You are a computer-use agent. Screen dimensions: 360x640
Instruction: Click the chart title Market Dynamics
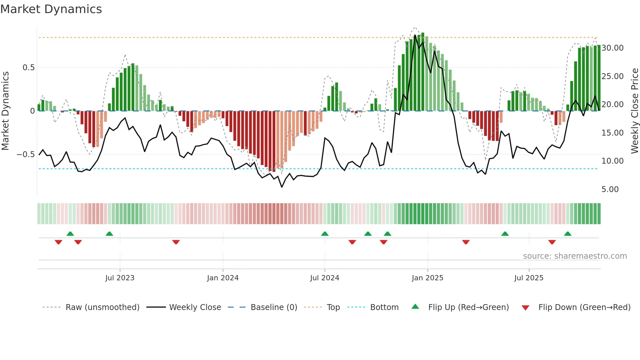click(x=51, y=9)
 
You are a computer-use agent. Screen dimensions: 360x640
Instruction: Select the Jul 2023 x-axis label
click(x=120, y=278)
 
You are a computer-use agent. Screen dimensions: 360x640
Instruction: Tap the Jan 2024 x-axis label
click(x=223, y=278)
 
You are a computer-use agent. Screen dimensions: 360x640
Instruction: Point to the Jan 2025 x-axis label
click(x=427, y=278)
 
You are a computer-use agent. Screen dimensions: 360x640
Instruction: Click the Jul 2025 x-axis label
click(x=529, y=278)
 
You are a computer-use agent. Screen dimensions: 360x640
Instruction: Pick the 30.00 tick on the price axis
click(x=612, y=48)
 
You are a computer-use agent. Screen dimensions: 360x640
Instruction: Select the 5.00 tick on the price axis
click(x=610, y=189)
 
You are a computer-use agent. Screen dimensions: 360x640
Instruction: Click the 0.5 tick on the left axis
click(x=28, y=68)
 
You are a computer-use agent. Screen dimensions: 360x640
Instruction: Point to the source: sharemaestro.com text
click(x=575, y=256)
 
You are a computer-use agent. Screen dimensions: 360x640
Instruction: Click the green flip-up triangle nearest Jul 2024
click(x=325, y=234)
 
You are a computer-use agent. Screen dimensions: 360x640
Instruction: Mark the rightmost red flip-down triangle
click(x=552, y=242)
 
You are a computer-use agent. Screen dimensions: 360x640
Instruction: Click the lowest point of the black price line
click(x=282, y=187)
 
